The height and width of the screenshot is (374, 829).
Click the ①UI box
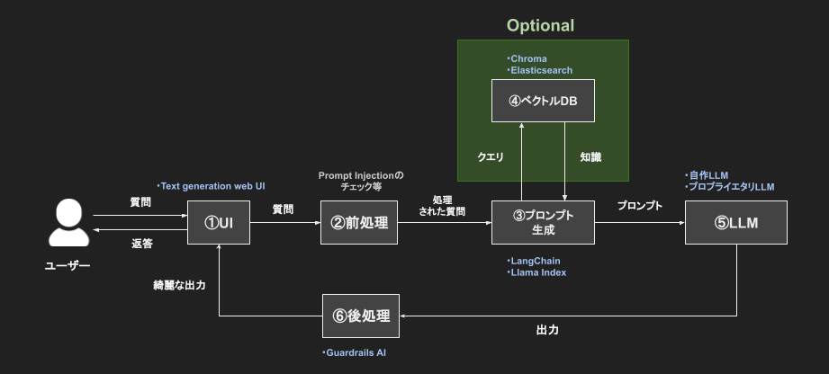point(219,223)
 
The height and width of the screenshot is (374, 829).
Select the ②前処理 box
point(358,223)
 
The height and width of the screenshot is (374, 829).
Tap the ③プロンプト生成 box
point(544,223)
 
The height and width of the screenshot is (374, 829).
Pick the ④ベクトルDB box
point(544,101)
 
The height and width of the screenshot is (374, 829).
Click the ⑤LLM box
point(735,223)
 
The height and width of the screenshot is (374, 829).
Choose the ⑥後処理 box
point(361,316)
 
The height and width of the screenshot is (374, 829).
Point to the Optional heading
point(540,25)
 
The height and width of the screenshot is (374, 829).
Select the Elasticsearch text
point(539,70)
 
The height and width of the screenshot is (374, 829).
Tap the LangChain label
point(534,261)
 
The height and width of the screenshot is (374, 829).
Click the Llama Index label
point(537,272)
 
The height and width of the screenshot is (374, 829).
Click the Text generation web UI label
point(212,186)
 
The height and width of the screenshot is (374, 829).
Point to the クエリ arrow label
point(490,157)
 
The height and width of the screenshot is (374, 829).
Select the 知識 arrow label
point(590,157)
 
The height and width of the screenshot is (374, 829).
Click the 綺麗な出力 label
point(179,285)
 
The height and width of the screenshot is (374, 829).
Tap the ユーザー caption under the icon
point(68,265)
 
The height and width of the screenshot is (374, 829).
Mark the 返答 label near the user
point(141,244)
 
